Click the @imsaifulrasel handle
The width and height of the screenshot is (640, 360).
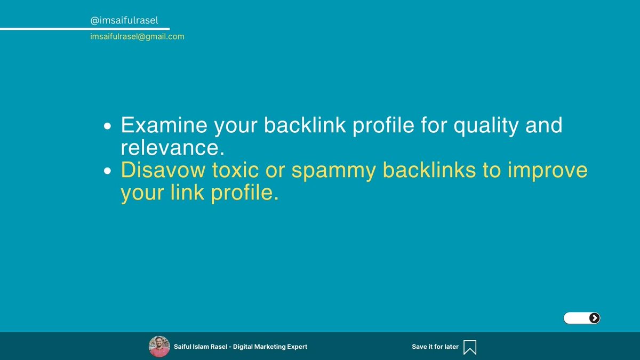click(124, 20)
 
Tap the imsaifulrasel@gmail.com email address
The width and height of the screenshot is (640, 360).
click(137, 37)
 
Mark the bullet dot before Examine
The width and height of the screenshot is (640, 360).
click(108, 127)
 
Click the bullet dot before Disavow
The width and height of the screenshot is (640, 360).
click(108, 171)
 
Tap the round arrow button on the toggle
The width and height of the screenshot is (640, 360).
click(594, 318)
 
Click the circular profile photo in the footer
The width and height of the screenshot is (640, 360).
click(159, 347)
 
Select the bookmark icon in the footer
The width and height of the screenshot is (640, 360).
click(470, 347)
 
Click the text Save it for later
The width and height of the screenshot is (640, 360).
click(435, 347)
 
